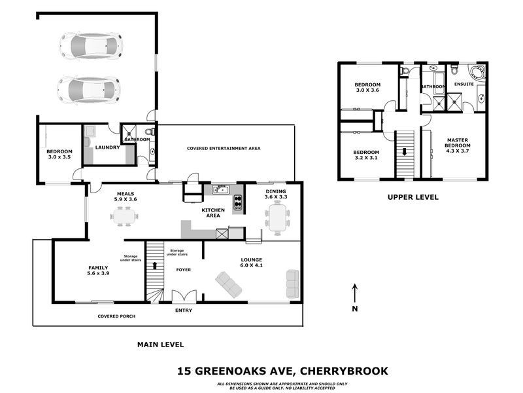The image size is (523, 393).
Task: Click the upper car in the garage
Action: tap(90, 45)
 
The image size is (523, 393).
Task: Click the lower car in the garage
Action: tap(89, 87)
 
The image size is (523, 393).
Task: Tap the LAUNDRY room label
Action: tap(107, 147)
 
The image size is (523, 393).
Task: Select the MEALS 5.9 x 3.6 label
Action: tap(126, 196)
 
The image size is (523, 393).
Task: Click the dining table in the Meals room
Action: tap(124, 215)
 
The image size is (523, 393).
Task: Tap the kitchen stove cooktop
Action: tap(238, 202)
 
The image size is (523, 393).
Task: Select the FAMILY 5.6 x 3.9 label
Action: tap(98, 271)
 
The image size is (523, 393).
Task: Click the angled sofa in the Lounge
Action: tap(228, 285)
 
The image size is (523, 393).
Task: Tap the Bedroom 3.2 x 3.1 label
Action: tap(366, 155)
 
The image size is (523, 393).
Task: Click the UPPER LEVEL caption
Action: tap(413, 196)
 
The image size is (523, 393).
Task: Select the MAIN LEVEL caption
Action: tap(160, 344)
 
